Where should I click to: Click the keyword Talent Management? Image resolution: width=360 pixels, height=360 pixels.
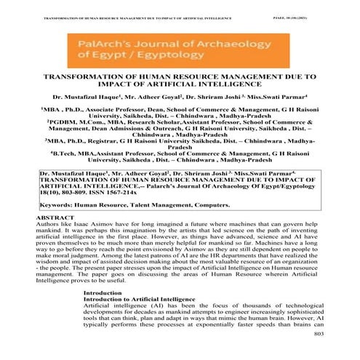tap(161, 205)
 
